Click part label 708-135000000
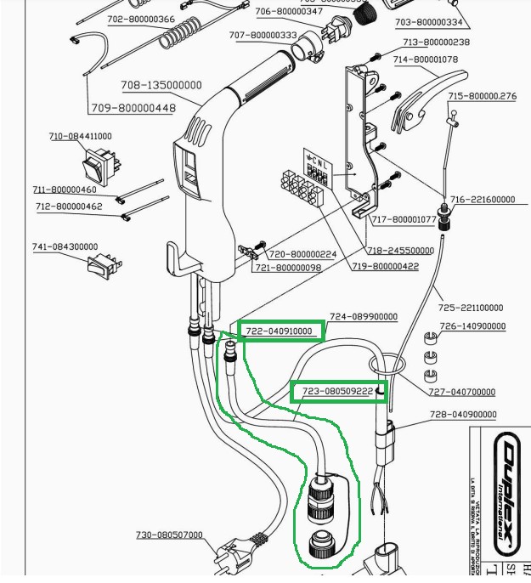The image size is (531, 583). click(x=161, y=85)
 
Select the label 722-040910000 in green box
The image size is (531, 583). click(x=280, y=331)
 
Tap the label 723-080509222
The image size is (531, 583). click(x=337, y=392)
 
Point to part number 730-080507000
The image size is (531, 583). click(x=170, y=535)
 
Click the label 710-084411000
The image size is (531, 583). click(x=80, y=136)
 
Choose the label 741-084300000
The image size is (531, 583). click(x=65, y=246)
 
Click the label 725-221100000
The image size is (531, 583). click(x=471, y=308)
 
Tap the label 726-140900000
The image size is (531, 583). click(x=472, y=326)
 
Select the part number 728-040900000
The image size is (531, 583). click(x=463, y=415)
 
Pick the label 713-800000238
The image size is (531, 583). click(x=436, y=42)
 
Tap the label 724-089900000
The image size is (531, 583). click(x=363, y=317)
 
